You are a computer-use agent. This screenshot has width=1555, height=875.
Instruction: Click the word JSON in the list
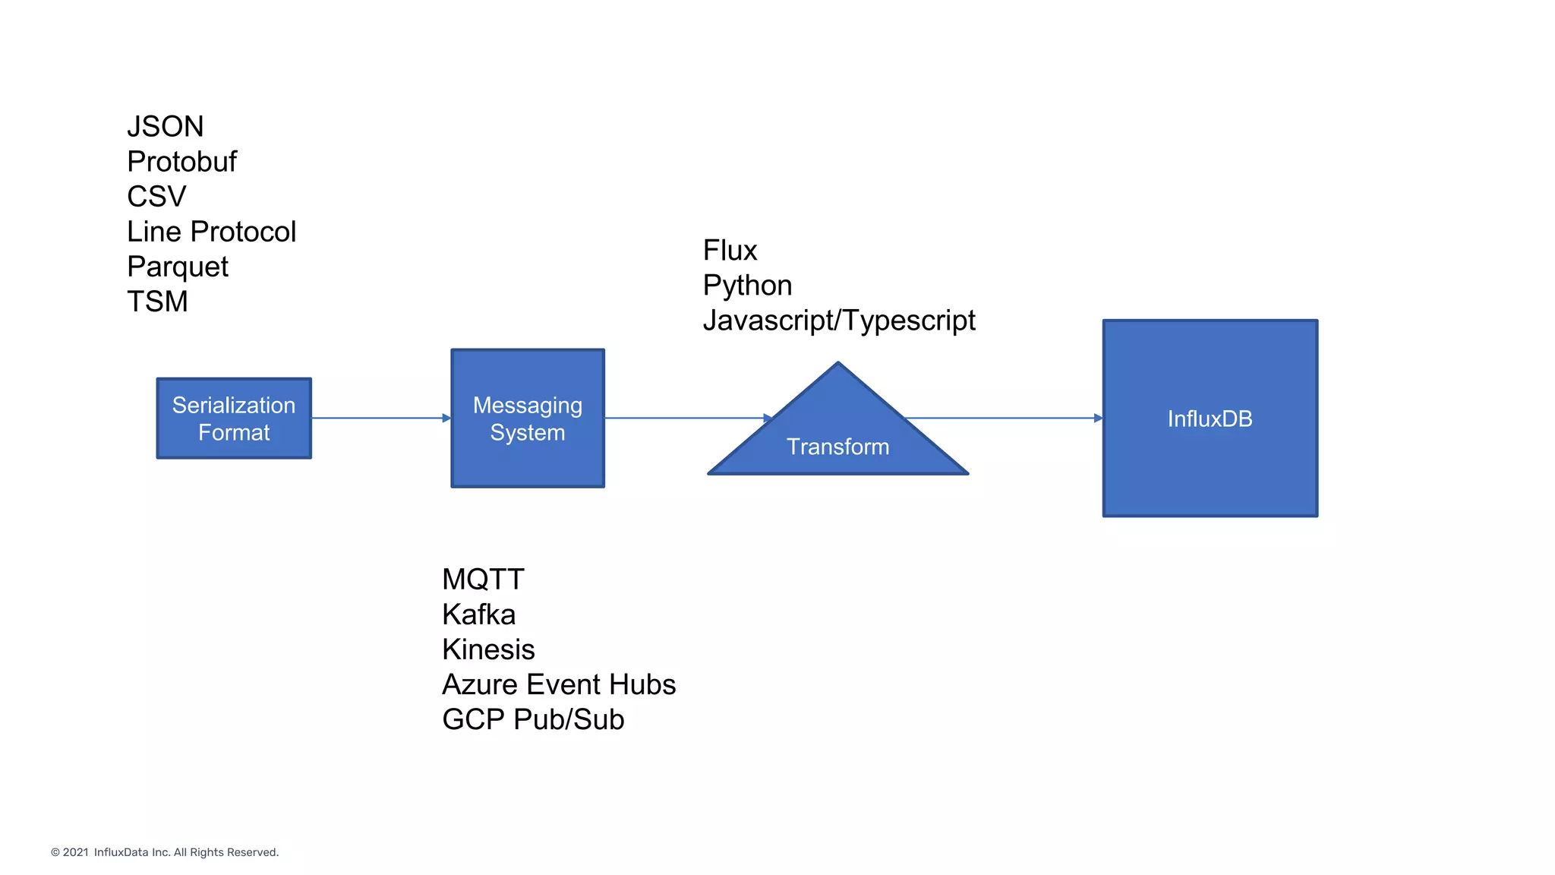coord(165,126)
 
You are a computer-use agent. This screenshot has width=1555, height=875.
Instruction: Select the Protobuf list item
coord(181,161)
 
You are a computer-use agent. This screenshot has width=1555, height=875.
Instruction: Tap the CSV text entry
coord(156,196)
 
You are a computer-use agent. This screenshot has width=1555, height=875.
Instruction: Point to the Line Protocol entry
coord(211,231)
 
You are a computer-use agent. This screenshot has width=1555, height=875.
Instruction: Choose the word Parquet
coord(177,267)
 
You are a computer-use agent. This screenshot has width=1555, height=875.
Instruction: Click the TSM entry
coord(157,302)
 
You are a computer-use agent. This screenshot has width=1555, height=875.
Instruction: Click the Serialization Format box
coord(234,419)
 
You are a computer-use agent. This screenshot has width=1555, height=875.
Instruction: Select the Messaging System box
coord(528,419)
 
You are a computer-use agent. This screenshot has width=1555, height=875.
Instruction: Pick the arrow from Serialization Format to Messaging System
coord(380,418)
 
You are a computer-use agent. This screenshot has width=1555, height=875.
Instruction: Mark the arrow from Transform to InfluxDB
coord(1002,418)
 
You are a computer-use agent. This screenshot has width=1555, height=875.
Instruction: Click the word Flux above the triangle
coord(730,250)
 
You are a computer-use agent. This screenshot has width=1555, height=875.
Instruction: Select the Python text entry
coord(747,285)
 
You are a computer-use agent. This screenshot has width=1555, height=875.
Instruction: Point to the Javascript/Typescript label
coord(838,320)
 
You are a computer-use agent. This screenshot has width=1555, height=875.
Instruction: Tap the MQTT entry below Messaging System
coord(483,580)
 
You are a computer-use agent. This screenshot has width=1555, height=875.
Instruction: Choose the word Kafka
coord(478,614)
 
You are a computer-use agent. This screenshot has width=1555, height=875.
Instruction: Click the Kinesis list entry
coord(488,649)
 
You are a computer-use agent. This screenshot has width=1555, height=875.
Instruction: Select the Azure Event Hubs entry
coord(559,684)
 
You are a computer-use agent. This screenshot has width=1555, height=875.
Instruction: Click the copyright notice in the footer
coord(165,852)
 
